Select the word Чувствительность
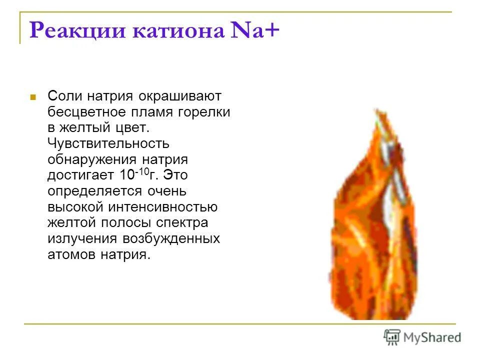point(108,143)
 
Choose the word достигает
point(81,175)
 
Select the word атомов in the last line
point(71,254)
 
